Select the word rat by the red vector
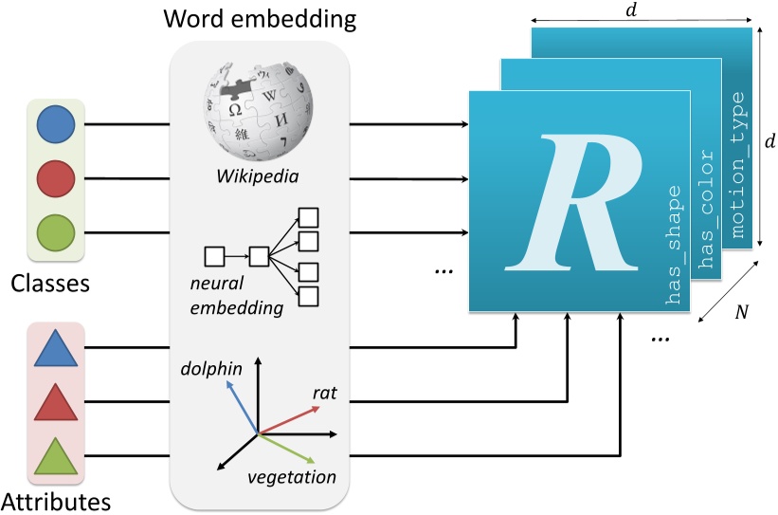(325, 393)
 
